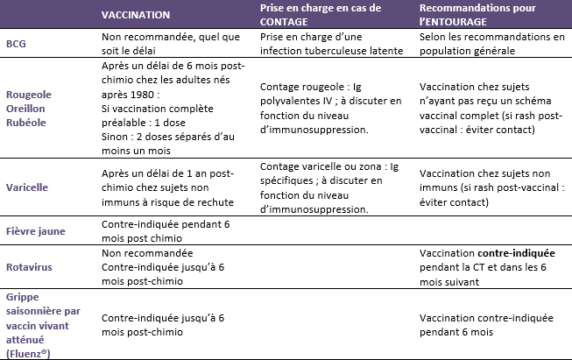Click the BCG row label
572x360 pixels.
point(16,44)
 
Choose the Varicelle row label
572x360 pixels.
point(27,187)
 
